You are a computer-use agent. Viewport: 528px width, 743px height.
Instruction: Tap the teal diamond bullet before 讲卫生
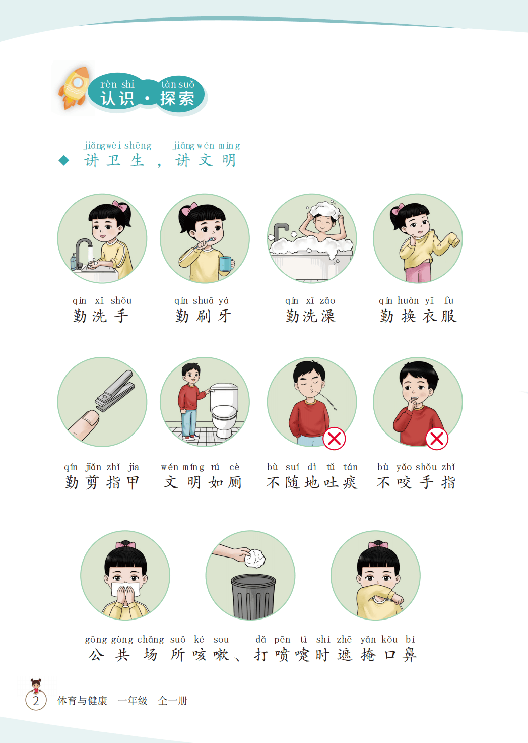click(x=63, y=161)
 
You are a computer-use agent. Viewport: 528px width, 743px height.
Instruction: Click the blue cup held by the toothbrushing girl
click(x=226, y=264)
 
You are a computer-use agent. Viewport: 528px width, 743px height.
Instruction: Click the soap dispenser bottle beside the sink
click(x=73, y=262)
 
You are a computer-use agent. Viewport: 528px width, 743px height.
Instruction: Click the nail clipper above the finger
click(x=115, y=391)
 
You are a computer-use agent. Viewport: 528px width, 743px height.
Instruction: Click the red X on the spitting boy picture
click(x=334, y=439)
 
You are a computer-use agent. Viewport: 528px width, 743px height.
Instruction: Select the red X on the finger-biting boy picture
click(x=437, y=439)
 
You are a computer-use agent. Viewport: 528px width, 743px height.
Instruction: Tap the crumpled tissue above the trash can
click(x=254, y=558)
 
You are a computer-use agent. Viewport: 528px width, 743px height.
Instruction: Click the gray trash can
click(x=253, y=596)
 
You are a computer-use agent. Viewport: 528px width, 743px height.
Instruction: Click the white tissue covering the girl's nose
click(x=125, y=589)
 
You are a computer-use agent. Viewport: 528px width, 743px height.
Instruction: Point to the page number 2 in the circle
click(x=36, y=701)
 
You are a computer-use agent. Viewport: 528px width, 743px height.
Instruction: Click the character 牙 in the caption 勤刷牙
click(x=224, y=316)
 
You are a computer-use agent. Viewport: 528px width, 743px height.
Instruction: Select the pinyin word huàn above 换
click(x=408, y=301)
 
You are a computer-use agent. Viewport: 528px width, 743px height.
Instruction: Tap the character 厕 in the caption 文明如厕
click(x=234, y=482)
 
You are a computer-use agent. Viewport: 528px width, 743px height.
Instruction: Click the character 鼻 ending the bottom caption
click(x=409, y=655)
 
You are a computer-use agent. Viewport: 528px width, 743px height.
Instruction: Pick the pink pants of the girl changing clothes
click(x=418, y=270)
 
